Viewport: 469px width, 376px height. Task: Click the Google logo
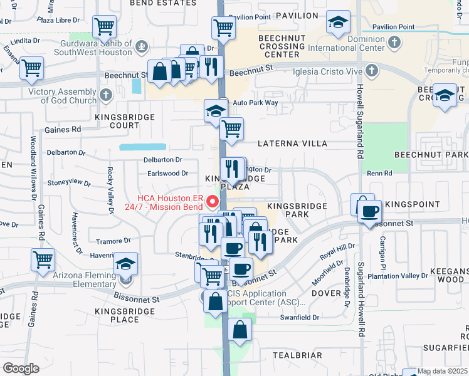pos(21,368)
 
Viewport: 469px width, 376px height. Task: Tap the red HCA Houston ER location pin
pos(212,202)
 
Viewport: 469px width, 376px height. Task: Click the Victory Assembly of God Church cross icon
pos(105,95)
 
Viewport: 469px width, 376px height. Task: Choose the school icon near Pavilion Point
pos(337,23)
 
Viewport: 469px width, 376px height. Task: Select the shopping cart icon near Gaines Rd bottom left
pos(43,258)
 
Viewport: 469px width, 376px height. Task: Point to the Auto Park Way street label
pos(255,102)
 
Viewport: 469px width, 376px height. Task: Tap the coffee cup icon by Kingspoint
pos(370,211)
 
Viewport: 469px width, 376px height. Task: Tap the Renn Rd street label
pos(379,172)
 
